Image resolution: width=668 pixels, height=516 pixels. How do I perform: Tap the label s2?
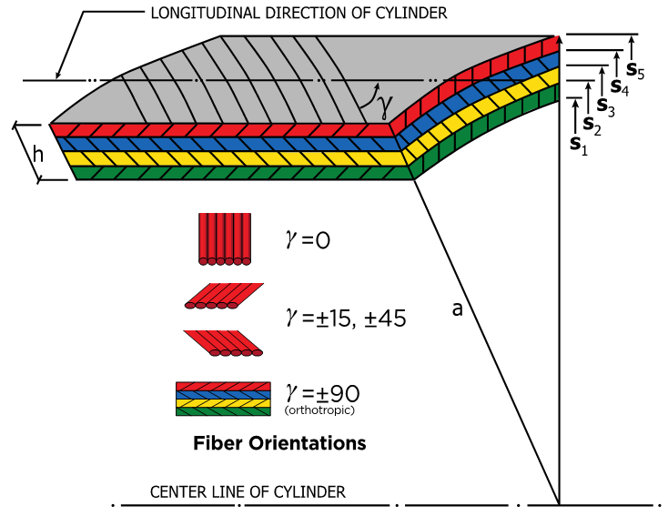tap(592, 125)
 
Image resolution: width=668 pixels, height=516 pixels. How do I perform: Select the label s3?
tap(605, 106)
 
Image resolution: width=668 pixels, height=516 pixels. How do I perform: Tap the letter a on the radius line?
tap(458, 309)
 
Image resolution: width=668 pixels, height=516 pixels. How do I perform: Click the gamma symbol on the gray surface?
tap(385, 107)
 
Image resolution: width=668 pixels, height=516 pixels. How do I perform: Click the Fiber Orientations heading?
tap(279, 444)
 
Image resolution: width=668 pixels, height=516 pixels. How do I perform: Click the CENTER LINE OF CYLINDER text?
tap(248, 492)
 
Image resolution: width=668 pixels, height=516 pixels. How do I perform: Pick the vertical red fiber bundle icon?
tap(222, 239)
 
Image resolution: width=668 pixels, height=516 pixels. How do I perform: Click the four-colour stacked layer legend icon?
tap(223, 399)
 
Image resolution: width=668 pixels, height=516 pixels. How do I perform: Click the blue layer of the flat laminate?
tap(228, 144)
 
